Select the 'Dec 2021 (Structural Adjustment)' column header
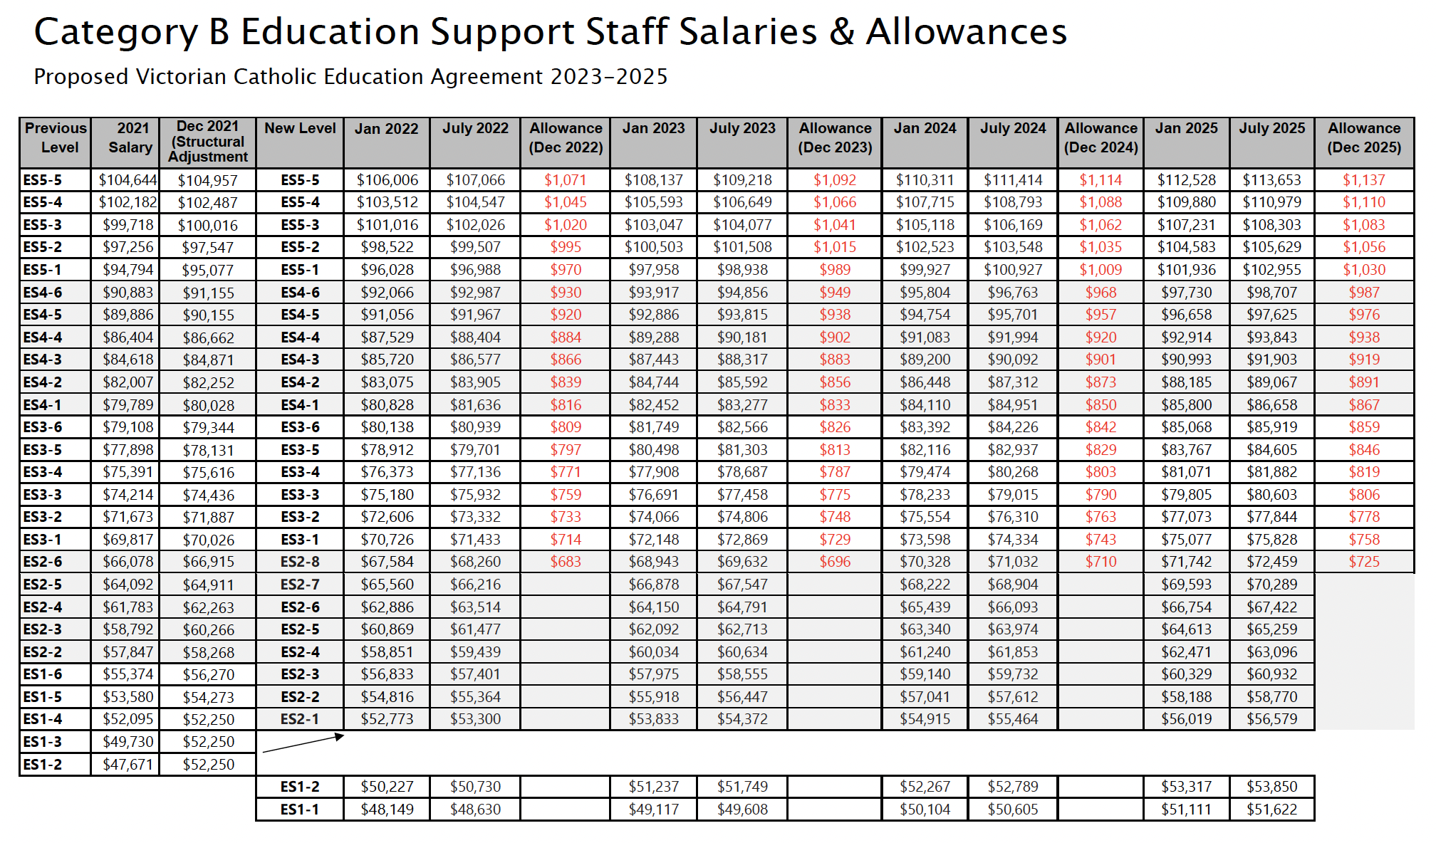[x=208, y=142]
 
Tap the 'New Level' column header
[x=300, y=129]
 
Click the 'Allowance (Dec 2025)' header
[x=1363, y=137]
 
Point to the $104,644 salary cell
[x=128, y=180]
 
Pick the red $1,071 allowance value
[x=565, y=180]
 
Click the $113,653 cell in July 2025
[x=1271, y=180]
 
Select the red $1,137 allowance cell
[x=1363, y=180]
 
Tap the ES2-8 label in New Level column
[x=300, y=562]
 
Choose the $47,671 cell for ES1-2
[x=128, y=765]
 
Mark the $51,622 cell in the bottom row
[x=1271, y=810]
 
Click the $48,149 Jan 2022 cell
[x=387, y=810]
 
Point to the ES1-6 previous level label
[x=43, y=674]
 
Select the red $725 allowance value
[x=1363, y=562]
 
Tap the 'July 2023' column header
[x=742, y=129]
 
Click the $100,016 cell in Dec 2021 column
[x=208, y=226]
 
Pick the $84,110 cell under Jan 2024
[x=925, y=405]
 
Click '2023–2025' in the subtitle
[x=609, y=77]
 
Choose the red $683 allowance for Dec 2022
[x=565, y=562]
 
